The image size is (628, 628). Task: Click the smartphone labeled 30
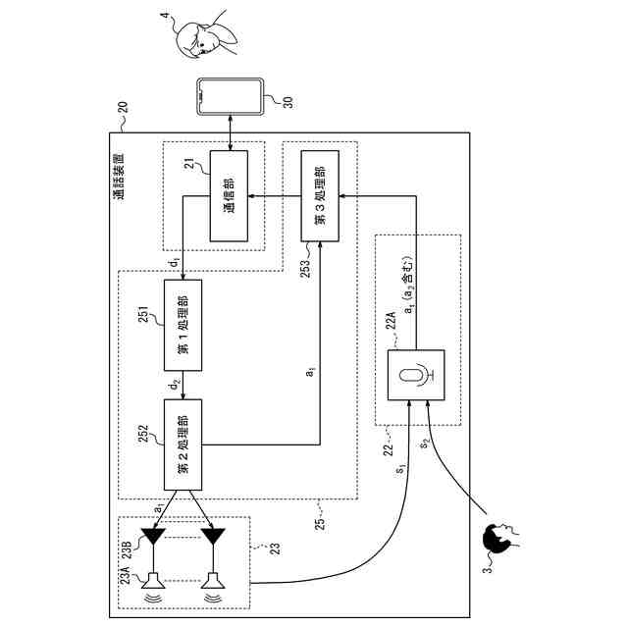(x=231, y=96)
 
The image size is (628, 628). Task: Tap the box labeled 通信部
(x=229, y=196)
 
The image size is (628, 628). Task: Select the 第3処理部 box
(x=320, y=196)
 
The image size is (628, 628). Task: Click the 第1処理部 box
(x=183, y=325)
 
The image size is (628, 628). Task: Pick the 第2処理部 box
(x=183, y=445)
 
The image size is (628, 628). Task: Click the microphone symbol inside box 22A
(x=417, y=375)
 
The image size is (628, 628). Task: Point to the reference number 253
(x=305, y=269)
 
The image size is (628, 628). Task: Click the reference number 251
(x=143, y=314)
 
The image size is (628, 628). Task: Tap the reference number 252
(x=143, y=434)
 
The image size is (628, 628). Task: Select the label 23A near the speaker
(x=126, y=575)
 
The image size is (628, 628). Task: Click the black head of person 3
(x=497, y=539)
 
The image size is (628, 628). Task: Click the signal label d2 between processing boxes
(x=175, y=386)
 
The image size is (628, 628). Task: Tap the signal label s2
(x=425, y=443)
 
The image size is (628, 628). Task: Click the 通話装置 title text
(x=119, y=177)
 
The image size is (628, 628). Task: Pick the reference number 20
(x=123, y=107)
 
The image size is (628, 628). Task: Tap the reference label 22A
(x=391, y=320)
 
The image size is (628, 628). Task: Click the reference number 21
(x=189, y=164)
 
